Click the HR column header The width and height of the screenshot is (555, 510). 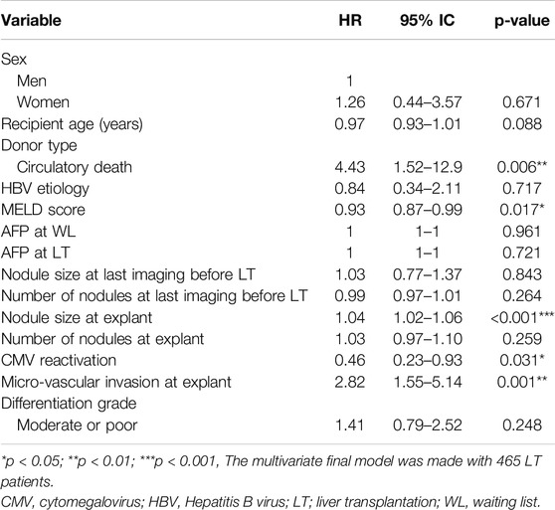(x=350, y=20)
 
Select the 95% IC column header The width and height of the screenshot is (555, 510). (x=428, y=20)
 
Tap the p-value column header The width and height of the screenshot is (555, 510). (x=522, y=21)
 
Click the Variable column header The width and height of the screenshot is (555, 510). (x=31, y=20)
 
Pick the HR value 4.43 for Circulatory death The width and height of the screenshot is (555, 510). (x=350, y=167)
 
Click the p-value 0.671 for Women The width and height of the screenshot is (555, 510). (x=522, y=102)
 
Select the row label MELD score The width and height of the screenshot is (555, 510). (x=43, y=210)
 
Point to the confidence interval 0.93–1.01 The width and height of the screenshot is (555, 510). (x=428, y=124)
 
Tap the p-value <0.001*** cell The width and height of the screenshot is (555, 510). (x=522, y=317)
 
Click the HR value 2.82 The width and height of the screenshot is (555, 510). (x=350, y=383)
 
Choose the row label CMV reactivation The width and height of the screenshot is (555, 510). (x=59, y=361)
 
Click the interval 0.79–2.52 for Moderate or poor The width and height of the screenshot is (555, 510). (x=428, y=425)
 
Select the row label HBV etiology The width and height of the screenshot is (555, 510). (x=45, y=189)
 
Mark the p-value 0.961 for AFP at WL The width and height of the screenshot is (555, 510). (x=522, y=232)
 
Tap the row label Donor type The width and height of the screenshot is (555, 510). (x=39, y=146)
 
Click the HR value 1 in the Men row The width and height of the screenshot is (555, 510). (x=350, y=82)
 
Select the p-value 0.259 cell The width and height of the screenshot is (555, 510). (x=522, y=339)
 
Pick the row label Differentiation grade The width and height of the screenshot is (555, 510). (x=69, y=404)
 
